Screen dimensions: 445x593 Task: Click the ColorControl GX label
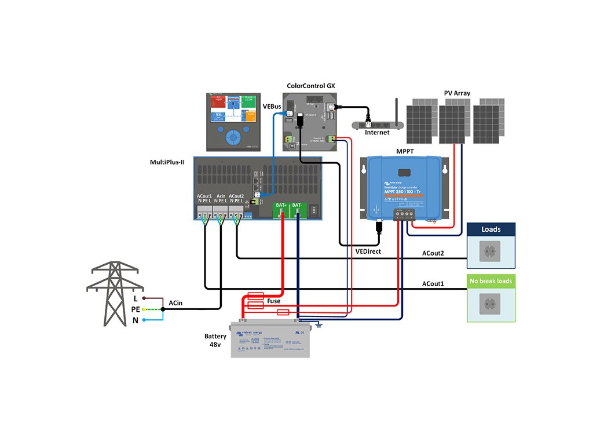pyautogui.click(x=311, y=86)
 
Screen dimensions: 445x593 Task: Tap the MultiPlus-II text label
pyautogui.click(x=167, y=162)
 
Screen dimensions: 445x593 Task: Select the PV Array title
pyautogui.click(x=457, y=93)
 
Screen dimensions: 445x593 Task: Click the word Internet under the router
pyautogui.click(x=377, y=133)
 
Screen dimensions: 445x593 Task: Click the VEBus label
pyautogui.click(x=273, y=107)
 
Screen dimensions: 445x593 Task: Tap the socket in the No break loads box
pyautogui.click(x=491, y=303)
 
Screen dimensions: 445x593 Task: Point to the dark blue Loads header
pyautogui.click(x=491, y=229)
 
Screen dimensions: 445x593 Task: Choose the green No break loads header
pyautogui.click(x=491, y=281)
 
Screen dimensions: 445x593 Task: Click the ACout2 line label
pyautogui.click(x=433, y=253)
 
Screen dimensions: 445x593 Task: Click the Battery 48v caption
pyautogui.click(x=215, y=341)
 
